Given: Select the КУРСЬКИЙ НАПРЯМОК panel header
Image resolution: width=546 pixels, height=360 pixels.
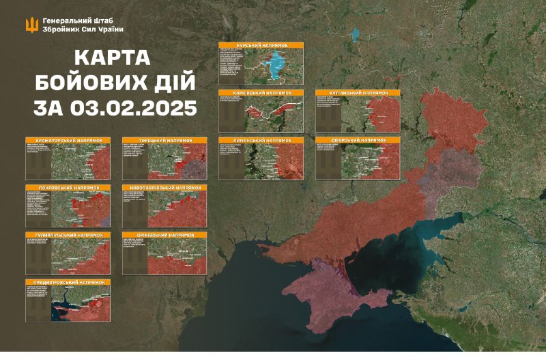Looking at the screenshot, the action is coord(261,45).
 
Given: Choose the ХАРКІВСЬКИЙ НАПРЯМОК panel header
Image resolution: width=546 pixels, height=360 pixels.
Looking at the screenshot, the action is coord(261,92).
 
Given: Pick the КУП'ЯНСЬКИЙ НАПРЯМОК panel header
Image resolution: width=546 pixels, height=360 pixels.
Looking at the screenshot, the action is coord(358,92).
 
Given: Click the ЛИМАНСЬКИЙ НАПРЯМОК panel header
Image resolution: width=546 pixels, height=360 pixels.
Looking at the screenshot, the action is coord(261,140).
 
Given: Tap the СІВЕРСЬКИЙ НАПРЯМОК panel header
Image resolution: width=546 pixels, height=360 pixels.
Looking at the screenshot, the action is coord(358,140).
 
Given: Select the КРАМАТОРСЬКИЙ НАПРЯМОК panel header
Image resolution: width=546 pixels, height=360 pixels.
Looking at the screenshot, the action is coord(68,140).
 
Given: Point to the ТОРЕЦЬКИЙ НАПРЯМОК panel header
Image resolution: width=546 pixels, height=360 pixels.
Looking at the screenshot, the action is coord(164,140).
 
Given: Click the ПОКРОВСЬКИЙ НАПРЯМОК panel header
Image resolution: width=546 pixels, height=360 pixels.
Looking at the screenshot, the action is coord(68,187).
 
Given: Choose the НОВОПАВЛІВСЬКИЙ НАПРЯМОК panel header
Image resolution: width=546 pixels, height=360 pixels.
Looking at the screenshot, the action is coord(164,187).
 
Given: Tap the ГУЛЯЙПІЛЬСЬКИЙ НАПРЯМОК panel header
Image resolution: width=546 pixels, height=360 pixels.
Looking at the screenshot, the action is coord(68,235).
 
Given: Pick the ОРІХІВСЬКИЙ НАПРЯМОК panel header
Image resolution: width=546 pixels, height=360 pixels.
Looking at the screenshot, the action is coord(164,235).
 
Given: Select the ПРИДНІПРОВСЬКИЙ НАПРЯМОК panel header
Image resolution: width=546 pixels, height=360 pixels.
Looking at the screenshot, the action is coord(68,282).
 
